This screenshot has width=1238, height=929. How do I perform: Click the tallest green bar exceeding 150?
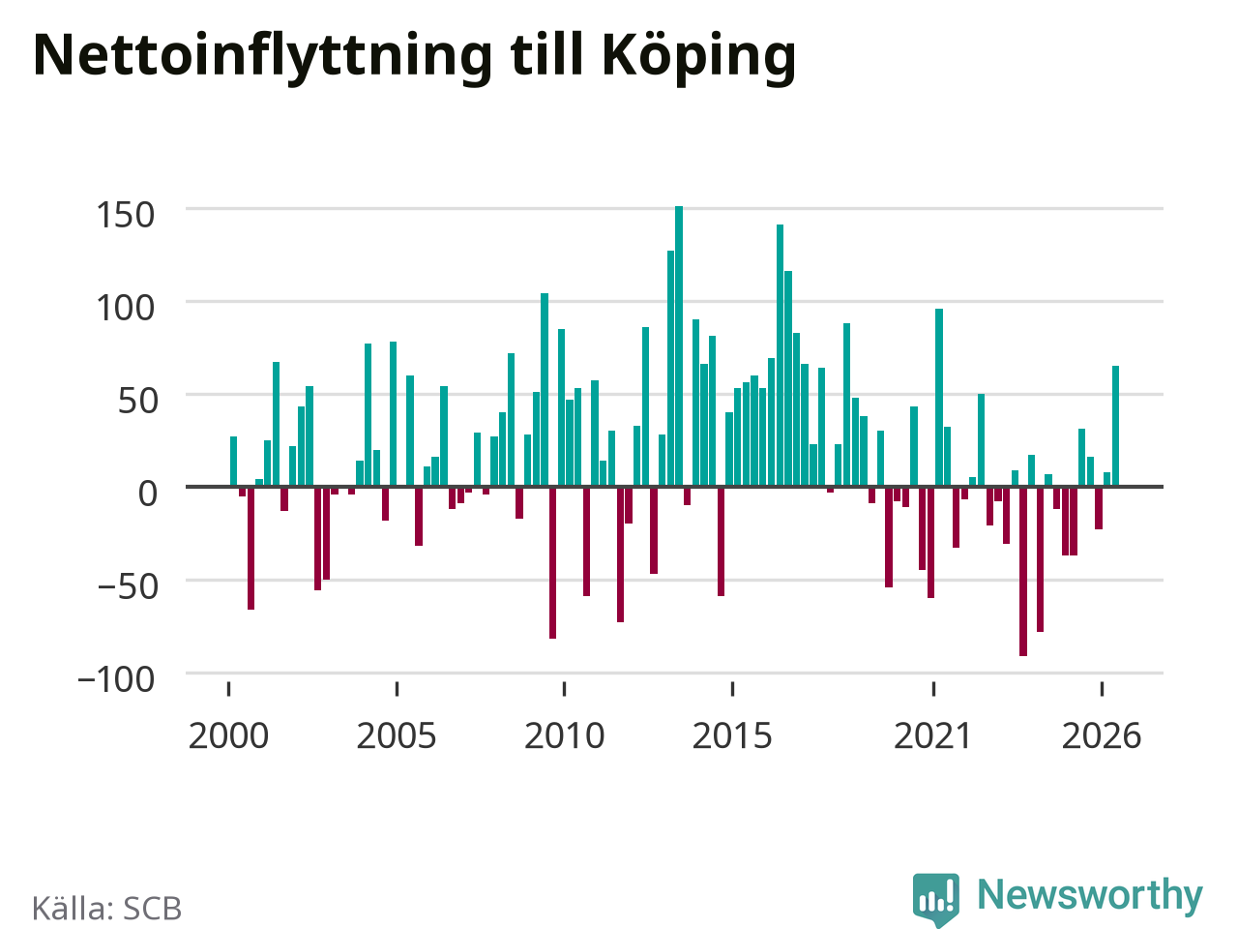tap(679, 345)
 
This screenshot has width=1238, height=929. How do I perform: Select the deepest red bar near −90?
tap(1022, 571)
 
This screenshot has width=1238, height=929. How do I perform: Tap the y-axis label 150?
tap(125, 215)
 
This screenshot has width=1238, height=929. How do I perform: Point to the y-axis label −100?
tap(116, 679)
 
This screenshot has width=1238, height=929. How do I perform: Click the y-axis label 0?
tap(148, 494)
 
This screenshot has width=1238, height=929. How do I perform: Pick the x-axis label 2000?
tap(228, 736)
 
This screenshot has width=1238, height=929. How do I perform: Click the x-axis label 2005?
tap(397, 736)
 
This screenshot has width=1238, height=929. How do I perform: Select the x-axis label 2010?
tap(564, 736)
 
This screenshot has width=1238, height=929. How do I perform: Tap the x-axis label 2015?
tap(732, 736)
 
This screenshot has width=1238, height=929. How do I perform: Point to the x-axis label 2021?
tap(933, 736)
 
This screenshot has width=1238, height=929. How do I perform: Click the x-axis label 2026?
tap(1101, 736)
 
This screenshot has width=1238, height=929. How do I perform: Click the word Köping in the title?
tap(699, 58)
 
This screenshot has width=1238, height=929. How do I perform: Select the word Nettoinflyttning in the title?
tap(262, 58)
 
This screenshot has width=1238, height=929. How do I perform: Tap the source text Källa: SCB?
tap(106, 908)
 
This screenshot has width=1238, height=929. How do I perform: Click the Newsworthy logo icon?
tap(935, 899)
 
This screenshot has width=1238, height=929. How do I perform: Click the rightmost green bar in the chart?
tap(1115, 426)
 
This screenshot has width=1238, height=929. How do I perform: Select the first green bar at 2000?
tap(233, 462)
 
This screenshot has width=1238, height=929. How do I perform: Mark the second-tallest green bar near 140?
tap(780, 355)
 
